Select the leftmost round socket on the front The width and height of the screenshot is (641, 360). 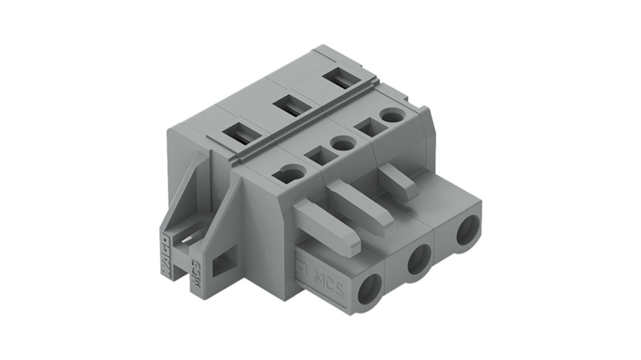[369, 294]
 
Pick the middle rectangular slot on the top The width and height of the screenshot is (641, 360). [294, 106]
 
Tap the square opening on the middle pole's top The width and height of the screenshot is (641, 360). [321, 157]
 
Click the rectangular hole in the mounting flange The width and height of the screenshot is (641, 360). [224, 263]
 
